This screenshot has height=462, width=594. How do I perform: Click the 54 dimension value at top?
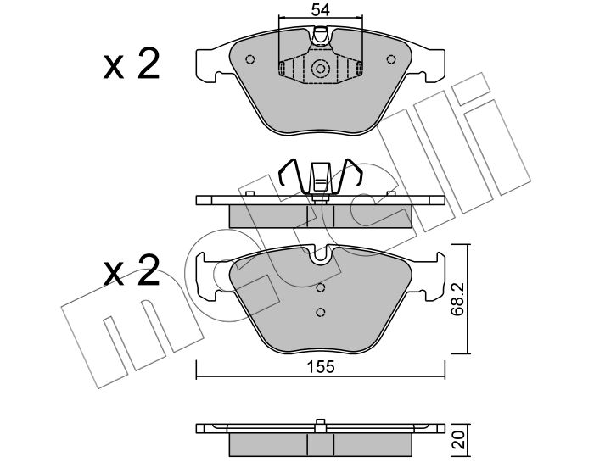321,10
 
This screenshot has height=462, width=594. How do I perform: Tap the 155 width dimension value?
321,367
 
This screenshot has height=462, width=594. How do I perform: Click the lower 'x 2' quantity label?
132,270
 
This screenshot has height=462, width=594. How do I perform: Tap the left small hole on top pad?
250,59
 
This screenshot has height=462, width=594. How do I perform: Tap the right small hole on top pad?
391,59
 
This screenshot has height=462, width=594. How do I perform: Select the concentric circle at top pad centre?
321,69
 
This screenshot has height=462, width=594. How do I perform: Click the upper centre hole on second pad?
321,287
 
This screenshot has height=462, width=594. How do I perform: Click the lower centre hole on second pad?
321,312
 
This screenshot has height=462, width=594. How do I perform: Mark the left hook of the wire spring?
288,172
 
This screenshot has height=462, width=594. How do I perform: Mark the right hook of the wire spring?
353,172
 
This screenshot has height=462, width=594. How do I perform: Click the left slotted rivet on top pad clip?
283,68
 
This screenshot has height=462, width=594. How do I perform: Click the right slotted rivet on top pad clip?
359,68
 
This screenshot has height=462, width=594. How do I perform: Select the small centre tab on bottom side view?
321,425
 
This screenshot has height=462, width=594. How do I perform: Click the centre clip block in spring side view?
321,176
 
